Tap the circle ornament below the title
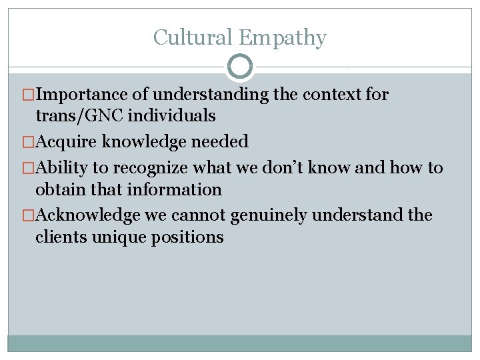tap(240, 67)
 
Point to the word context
tap(329, 95)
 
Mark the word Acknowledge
tap(88, 215)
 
